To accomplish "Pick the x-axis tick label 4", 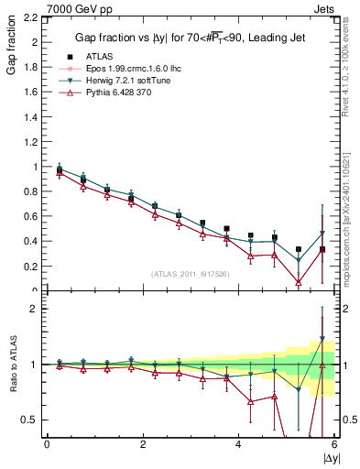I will [239, 445].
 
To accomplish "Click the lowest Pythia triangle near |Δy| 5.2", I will [299, 282].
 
